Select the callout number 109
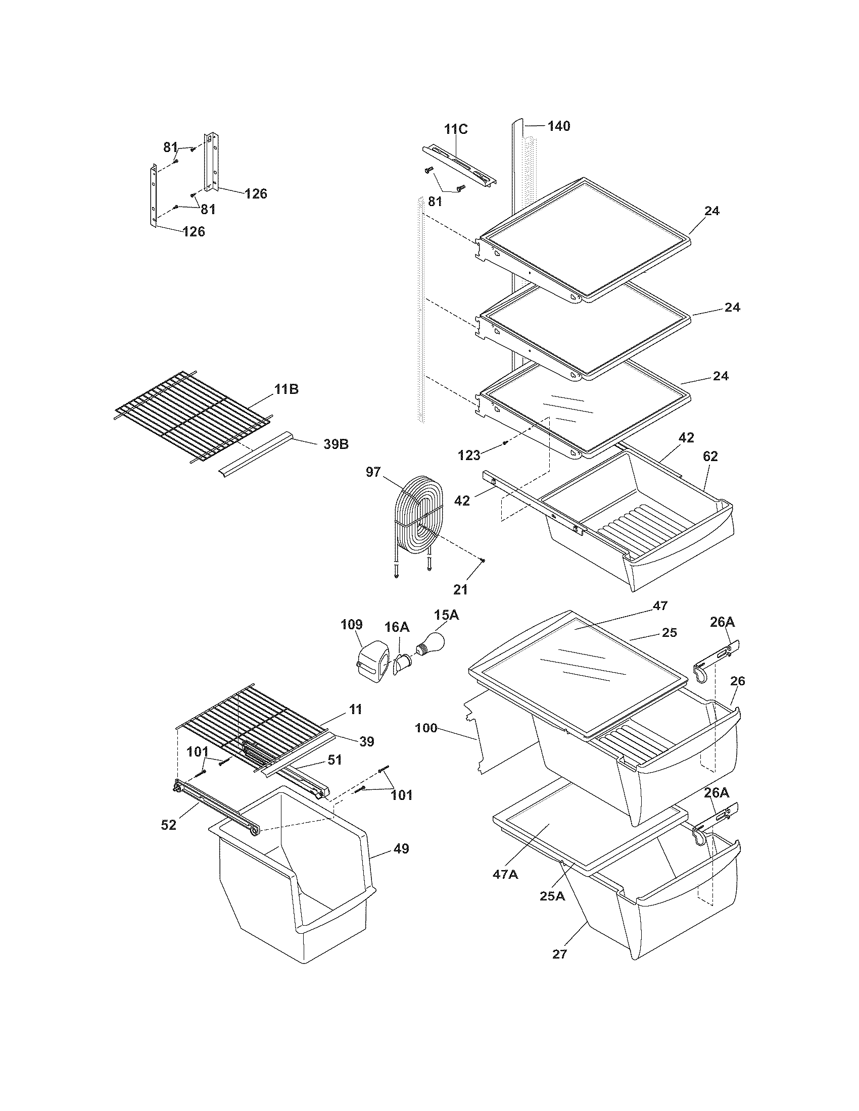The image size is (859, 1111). point(352,624)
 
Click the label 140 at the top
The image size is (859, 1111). point(559,126)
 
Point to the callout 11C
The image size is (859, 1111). point(455,129)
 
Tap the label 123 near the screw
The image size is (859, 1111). point(469,455)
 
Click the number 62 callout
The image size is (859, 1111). point(710,457)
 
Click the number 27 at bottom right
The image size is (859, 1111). point(559,954)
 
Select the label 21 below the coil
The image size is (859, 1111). point(460,589)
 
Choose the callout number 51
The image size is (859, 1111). point(334,760)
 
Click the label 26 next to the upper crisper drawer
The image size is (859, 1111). point(737,681)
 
